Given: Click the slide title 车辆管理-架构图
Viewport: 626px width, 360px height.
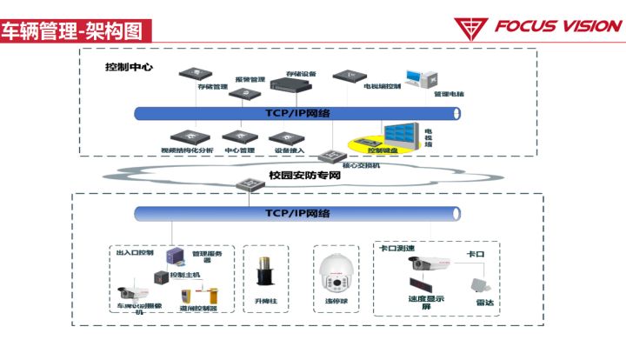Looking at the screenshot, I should pyautogui.click(x=72, y=32).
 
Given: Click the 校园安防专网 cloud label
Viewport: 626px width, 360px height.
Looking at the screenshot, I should pyautogui.click(x=303, y=176).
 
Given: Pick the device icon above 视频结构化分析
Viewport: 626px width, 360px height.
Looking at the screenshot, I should pyautogui.click(x=186, y=137).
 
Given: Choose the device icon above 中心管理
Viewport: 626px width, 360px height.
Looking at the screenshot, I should pyautogui.click(x=236, y=137).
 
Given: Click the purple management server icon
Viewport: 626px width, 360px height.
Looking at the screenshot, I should pyautogui.click(x=176, y=255).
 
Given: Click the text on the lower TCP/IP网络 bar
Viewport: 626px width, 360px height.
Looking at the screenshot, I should pyautogui.click(x=296, y=213).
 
